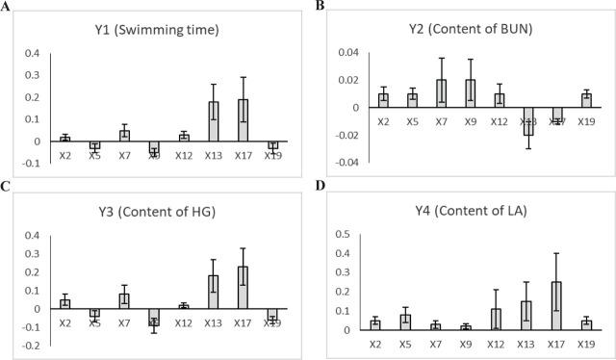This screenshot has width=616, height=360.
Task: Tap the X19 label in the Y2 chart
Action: pos(587,123)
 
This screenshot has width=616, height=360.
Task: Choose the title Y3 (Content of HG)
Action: pos(160,211)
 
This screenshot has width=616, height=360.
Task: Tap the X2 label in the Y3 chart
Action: pos(64,324)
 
